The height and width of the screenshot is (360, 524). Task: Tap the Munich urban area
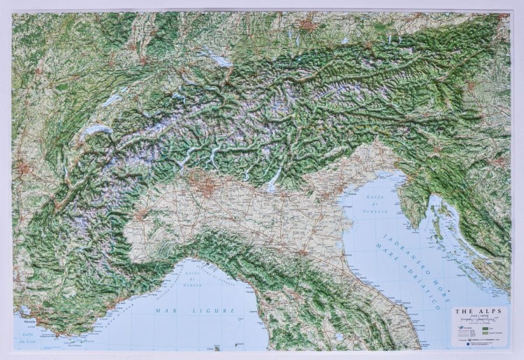(307, 27)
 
